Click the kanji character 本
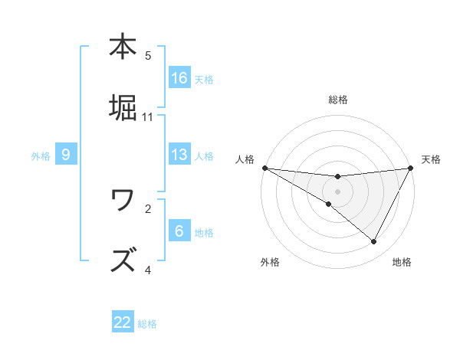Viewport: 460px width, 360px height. [123, 47]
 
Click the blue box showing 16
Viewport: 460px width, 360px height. [179, 78]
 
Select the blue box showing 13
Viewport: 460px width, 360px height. [179, 155]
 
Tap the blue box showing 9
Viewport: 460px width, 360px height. [66, 155]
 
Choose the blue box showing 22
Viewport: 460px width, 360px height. [123, 322]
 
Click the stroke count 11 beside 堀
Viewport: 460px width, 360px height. [148, 117]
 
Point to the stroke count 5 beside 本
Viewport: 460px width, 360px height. [148, 56]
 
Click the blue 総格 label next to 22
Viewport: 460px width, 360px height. [148, 324]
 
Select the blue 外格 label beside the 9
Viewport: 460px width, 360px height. [41, 156]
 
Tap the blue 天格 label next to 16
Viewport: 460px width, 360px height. [204, 80]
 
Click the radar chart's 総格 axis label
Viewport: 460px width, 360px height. [337, 100]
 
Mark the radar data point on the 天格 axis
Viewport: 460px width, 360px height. [410, 168]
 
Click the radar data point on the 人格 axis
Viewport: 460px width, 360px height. [264, 168]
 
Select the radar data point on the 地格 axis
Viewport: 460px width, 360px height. [374, 242]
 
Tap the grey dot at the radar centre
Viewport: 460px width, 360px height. [337, 191]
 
